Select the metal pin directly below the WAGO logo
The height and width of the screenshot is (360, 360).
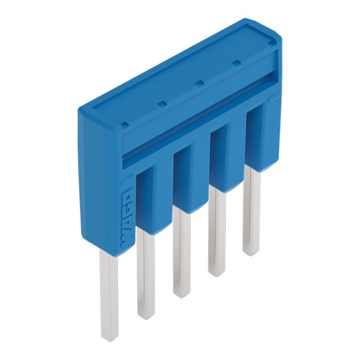(x=109, y=296)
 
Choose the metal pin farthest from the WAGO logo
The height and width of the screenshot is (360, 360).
(x=251, y=212)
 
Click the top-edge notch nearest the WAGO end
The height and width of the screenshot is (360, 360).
(x=124, y=125)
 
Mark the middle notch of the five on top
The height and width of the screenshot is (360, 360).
(x=199, y=83)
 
